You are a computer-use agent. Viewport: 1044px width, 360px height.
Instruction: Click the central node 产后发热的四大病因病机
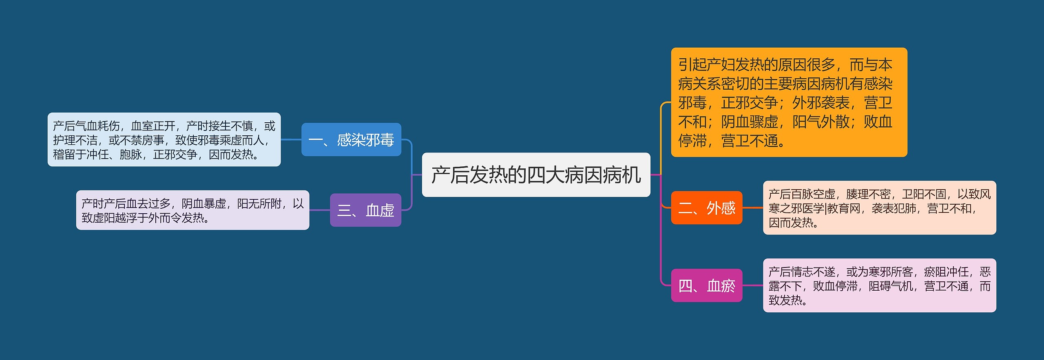(x=536, y=175)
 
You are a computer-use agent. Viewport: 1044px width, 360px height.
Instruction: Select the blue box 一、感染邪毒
(x=351, y=139)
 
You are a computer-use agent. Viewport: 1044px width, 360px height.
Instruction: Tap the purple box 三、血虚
(x=365, y=210)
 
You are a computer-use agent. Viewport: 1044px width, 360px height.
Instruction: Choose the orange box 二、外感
(x=706, y=208)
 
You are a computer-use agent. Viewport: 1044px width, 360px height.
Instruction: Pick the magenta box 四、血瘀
(x=706, y=285)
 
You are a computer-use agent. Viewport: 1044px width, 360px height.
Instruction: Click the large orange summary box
(x=789, y=102)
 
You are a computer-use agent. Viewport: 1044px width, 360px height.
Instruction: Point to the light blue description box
(x=164, y=139)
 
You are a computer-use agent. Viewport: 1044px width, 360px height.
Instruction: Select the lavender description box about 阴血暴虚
(x=192, y=210)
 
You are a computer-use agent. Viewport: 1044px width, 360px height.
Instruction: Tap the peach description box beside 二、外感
(x=879, y=208)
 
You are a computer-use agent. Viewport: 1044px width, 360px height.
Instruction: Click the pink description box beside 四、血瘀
(x=879, y=285)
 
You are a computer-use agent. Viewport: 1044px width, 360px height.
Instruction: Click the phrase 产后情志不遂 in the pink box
(x=802, y=272)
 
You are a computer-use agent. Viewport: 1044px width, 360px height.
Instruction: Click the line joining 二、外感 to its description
(x=752, y=208)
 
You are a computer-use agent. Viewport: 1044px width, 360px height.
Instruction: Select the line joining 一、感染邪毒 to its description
(x=291, y=139)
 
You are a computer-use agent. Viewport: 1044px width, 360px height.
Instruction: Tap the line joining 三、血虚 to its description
(x=320, y=210)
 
